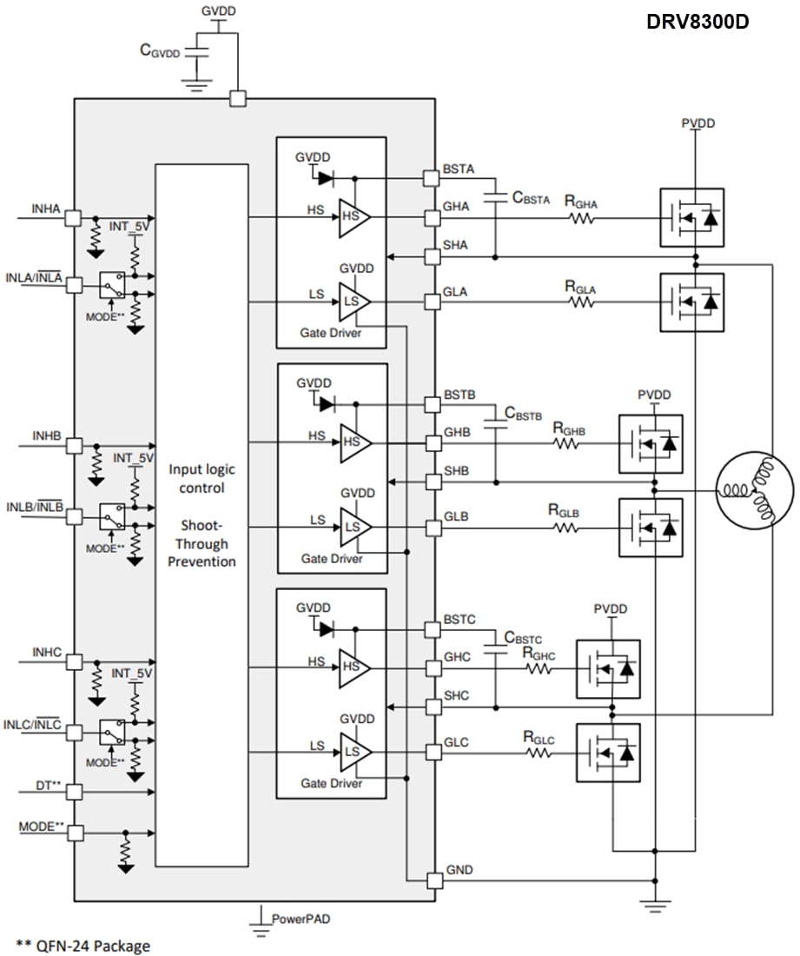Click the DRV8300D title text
[x=698, y=22]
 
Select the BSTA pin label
[x=459, y=170]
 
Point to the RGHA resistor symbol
[x=582, y=219]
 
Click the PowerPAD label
[x=301, y=918]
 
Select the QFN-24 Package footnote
[x=83, y=945]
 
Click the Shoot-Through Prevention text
[x=202, y=543]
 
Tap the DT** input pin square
[x=75, y=792]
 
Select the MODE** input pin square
[x=75, y=832]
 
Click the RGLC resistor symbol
[x=539, y=753]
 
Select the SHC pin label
[x=457, y=696]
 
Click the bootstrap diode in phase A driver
[x=326, y=178]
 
